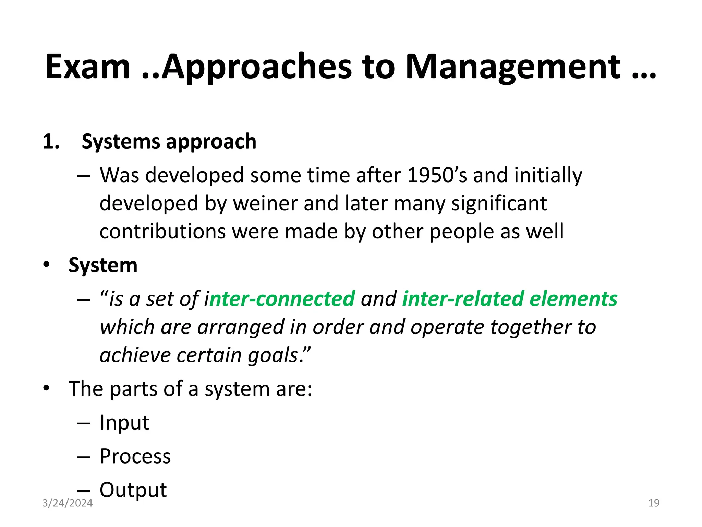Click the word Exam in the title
88,67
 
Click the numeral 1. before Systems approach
51,141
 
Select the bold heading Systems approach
169,141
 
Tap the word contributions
162,231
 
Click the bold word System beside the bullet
103,265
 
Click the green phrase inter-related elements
509,298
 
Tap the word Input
124,422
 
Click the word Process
135,456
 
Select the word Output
133,490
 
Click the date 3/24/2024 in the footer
67,503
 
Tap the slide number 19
654,503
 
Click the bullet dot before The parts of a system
46,389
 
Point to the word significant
499,203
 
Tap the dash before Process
84,457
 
